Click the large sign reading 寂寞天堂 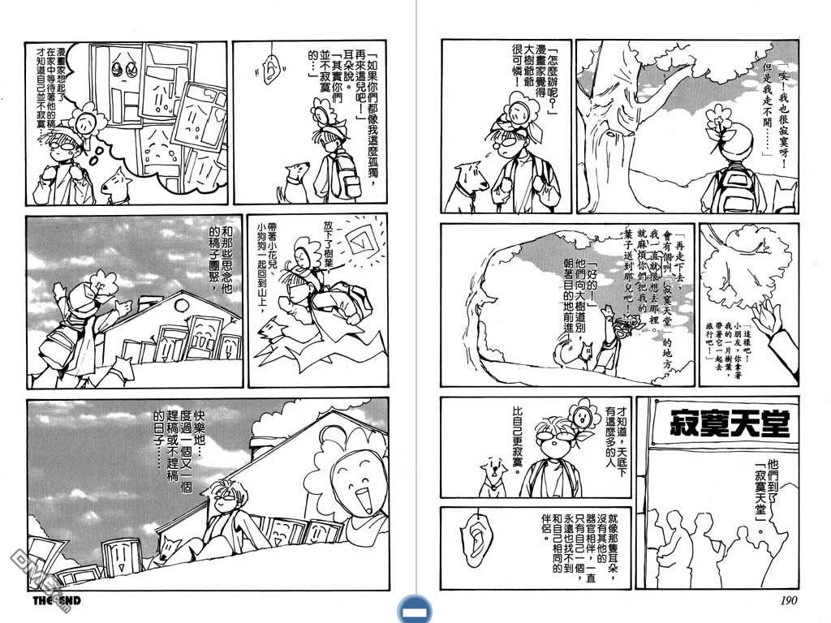click(x=730, y=423)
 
